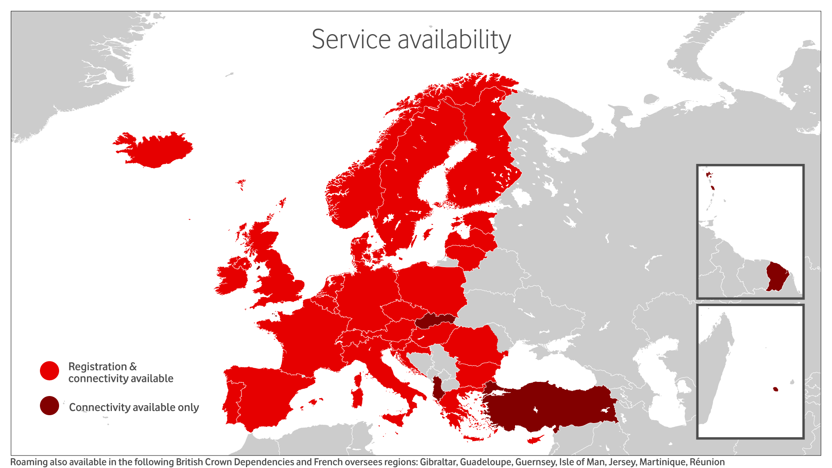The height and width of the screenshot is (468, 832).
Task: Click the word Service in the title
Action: point(351,40)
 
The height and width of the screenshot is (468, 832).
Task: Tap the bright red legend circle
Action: point(50,370)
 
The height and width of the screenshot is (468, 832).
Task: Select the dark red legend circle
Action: point(50,406)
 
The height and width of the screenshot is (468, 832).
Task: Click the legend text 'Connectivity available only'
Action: point(134,407)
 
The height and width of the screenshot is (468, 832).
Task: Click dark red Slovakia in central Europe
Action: point(433,321)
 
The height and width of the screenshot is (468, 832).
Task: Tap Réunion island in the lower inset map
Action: point(775,389)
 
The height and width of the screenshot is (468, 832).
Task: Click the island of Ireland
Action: point(233,277)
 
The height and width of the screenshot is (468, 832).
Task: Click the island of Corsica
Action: point(357,379)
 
